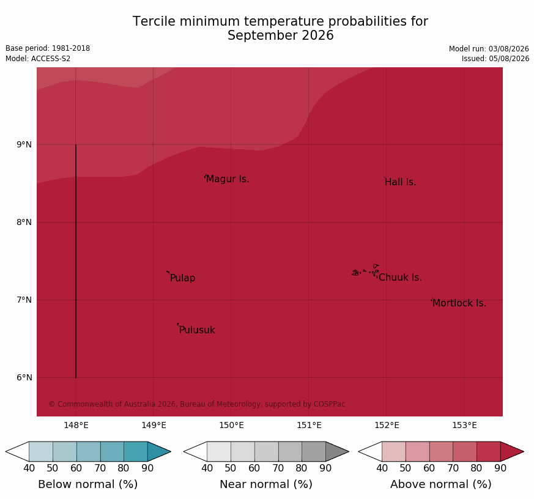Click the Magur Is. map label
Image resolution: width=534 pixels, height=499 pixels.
pos(228,179)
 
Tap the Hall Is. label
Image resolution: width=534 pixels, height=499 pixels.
pos(401,182)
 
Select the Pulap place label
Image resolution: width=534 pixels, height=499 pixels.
pos(182,278)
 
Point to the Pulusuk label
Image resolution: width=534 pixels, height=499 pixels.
pos(197,330)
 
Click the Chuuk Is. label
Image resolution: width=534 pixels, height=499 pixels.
pos(400,278)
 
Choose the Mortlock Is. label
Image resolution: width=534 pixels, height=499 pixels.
pos(459,303)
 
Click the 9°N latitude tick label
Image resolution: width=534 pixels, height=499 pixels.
pos(24,145)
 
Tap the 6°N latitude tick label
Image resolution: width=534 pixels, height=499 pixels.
pos(24,377)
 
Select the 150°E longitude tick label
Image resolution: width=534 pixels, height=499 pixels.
pos(232,425)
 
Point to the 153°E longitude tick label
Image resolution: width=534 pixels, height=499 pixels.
pos(464,425)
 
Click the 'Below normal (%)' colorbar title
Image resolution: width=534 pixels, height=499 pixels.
pos(88,484)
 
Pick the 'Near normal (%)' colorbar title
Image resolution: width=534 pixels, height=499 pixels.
pos(266,484)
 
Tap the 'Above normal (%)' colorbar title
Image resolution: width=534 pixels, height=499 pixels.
pos(440,484)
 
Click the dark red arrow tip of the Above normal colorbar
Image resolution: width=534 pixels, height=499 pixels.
pos(524,452)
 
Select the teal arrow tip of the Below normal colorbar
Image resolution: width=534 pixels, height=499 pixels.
pos(171,452)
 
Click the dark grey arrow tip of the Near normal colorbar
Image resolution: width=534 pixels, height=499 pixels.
pos(349,452)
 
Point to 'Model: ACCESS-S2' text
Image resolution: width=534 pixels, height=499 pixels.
pos(38,59)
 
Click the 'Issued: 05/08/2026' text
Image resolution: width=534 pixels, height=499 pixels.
pos(495,59)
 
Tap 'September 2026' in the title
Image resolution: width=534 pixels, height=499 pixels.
pos(281,35)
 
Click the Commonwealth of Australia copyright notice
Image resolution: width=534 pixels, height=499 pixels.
pos(197,404)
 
